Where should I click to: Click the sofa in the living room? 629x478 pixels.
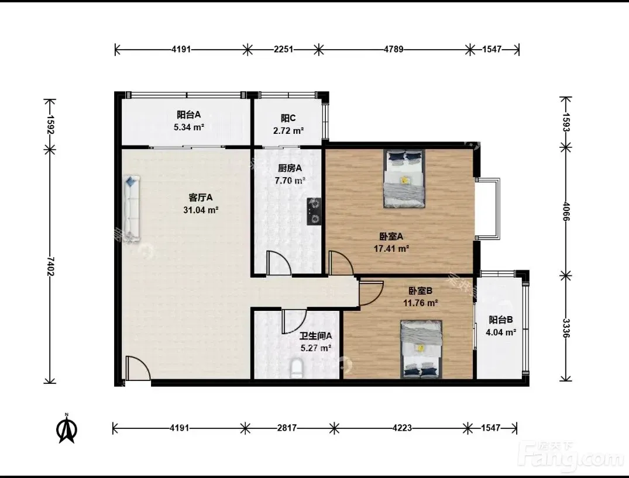(x=131, y=209)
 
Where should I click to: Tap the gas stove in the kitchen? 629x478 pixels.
(x=314, y=211)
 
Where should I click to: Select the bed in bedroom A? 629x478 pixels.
(x=404, y=178)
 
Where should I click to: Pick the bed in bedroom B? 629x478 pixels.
(x=421, y=349)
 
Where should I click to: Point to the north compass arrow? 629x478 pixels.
(x=67, y=428)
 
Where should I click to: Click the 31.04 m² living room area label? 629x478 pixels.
(x=201, y=210)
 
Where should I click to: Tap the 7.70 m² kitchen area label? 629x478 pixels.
(x=290, y=181)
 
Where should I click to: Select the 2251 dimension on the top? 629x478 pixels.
(x=284, y=49)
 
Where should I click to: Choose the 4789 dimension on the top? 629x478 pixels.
(x=394, y=49)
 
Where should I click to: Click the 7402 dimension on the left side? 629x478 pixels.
(x=50, y=266)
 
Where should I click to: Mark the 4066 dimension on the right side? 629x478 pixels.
(x=566, y=211)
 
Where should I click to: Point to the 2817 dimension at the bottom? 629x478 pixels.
(x=287, y=428)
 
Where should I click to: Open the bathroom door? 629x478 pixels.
(x=294, y=321)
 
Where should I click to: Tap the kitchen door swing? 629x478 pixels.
(x=279, y=263)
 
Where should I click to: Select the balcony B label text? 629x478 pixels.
(x=501, y=320)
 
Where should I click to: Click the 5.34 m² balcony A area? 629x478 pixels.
(x=189, y=127)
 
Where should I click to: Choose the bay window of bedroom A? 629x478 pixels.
(x=488, y=209)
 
